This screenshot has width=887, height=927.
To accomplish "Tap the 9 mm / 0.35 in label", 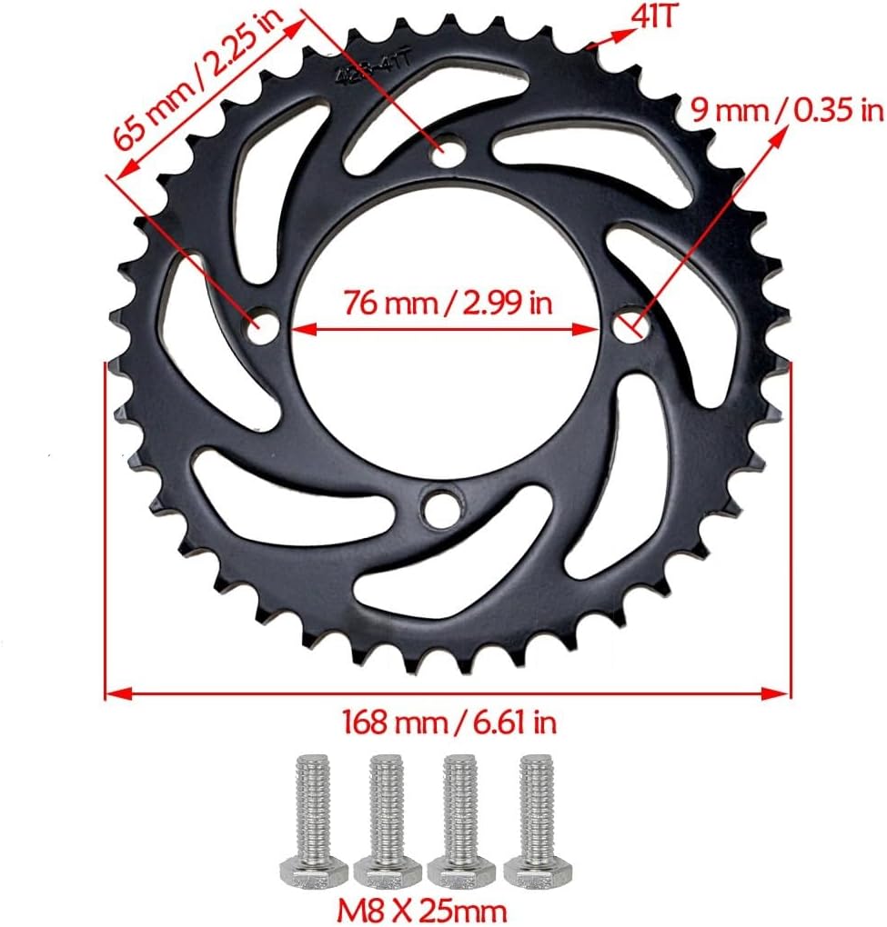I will tap(786, 111).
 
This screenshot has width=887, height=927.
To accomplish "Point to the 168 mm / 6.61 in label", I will tap(449, 723).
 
